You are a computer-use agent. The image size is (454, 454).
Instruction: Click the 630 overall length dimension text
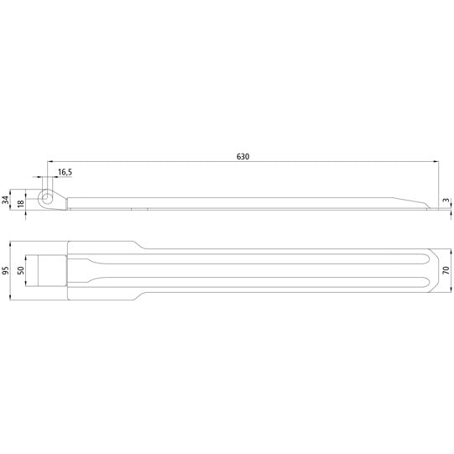tap(243, 156)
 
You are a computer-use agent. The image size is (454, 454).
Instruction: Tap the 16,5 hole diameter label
tap(65, 172)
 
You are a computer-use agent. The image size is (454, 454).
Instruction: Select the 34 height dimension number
tap(7, 200)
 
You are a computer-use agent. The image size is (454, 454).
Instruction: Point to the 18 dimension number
tap(20, 204)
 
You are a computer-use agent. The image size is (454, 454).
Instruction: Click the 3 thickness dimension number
tap(446, 201)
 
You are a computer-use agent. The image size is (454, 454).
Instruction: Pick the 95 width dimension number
tap(7, 270)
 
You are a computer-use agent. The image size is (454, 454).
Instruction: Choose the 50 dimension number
tap(20, 270)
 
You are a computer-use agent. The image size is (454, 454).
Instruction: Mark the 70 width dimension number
tap(446, 270)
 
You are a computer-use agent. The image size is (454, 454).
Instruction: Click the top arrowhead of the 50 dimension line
tap(25, 255)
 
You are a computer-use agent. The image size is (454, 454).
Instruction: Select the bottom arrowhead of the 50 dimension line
tap(25, 285)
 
